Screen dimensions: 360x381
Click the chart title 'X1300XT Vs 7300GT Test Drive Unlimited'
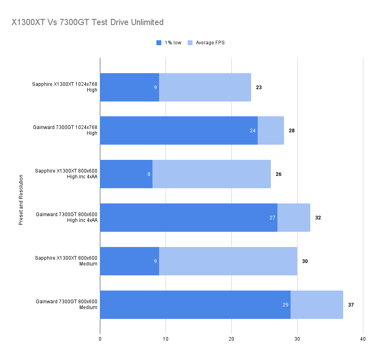coord(88,22)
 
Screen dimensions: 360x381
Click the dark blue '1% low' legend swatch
coord(159,43)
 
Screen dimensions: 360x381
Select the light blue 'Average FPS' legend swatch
coord(190,43)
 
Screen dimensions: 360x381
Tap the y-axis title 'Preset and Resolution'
coord(21,200)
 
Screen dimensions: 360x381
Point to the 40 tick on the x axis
coord(363,339)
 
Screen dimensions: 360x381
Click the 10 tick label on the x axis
coord(166,339)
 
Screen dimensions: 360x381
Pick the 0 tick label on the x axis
coord(100,339)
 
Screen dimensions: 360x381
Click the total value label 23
coord(259,88)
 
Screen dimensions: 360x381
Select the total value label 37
coord(351,305)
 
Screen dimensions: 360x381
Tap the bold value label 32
coord(318,218)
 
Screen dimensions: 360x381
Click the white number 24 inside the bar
coord(253,131)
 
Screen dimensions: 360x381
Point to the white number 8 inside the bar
coord(149,174)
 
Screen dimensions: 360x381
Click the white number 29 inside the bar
coord(286,305)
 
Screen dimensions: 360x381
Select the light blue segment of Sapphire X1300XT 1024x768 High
coord(205,88)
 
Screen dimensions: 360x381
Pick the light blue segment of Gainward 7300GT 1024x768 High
coord(271,131)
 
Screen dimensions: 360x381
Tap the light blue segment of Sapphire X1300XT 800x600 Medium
coord(228,261)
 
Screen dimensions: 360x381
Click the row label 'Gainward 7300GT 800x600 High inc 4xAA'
coord(67,217)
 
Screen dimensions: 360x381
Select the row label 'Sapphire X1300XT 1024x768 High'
coord(65,87)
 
